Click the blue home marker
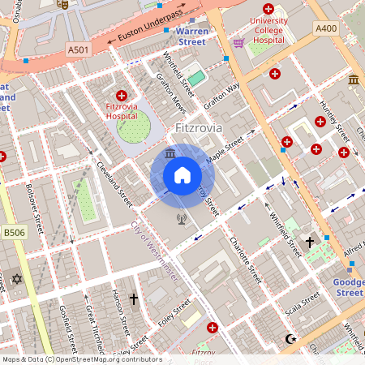pyautogui.click(x=182, y=175)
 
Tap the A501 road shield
pyautogui.click(x=78, y=50)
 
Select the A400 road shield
pyautogui.click(x=325, y=28)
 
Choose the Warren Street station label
pyautogui.click(x=192, y=36)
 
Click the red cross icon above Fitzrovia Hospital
pyautogui.click(x=122, y=95)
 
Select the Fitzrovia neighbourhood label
pyautogui.click(x=199, y=128)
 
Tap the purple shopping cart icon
pyautogui.click(x=238, y=42)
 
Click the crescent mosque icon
pyautogui.click(x=294, y=338)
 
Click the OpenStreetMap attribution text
pyautogui.click(x=82, y=359)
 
